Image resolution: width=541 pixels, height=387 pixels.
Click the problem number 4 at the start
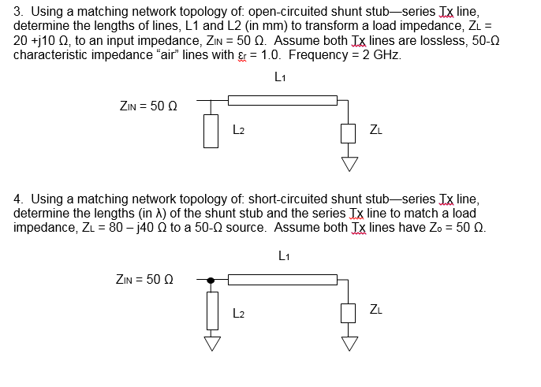17,200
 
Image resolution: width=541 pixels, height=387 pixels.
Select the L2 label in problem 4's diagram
240,313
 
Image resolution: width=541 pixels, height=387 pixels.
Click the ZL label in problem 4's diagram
378,309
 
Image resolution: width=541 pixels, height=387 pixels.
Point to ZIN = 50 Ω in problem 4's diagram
147,279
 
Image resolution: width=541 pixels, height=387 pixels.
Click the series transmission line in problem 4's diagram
282,279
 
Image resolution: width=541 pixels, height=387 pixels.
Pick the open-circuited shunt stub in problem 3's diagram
211,129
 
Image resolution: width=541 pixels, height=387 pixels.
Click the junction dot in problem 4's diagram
211,279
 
